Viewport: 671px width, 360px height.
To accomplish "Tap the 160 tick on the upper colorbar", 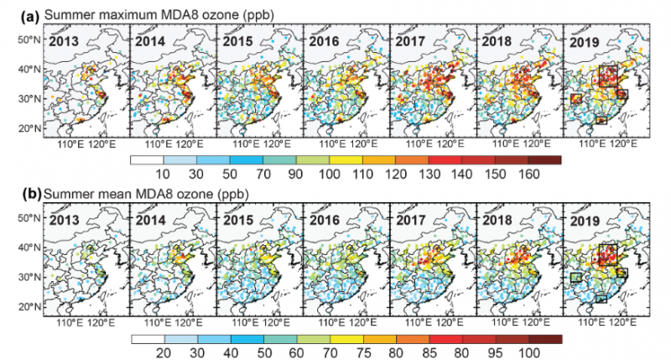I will click(x=528, y=172).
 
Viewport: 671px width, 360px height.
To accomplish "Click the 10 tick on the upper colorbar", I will click(x=164, y=172).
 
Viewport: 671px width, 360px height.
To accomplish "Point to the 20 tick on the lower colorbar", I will click(x=164, y=352).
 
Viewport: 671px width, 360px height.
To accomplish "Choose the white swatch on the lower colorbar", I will click(x=148, y=337).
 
